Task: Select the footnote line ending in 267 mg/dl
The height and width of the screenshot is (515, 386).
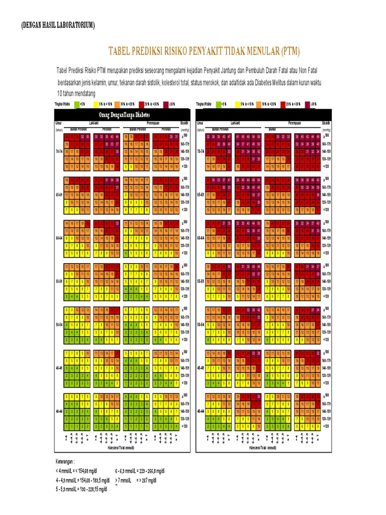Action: pos(136,480)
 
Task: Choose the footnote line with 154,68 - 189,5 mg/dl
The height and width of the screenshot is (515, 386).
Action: pos(83,480)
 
